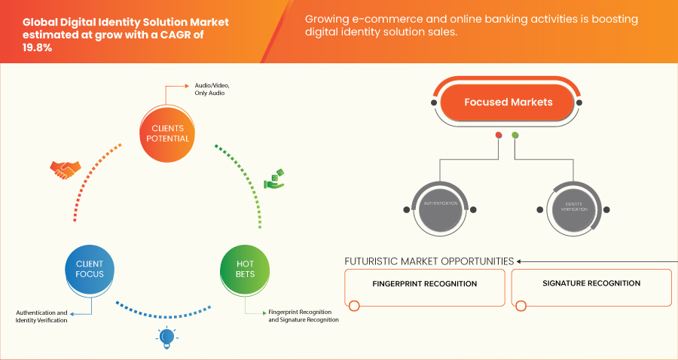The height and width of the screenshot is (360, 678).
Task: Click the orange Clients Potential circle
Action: (x=166, y=133)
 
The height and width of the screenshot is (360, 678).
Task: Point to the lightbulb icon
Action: (x=166, y=338)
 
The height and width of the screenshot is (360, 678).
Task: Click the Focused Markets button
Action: (x=508, y=102)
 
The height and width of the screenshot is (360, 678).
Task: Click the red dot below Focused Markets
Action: (x=498, y=136)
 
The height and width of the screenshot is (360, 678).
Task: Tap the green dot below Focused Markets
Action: (x=515, y=136)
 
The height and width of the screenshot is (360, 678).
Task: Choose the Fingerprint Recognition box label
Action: (x=425, y=285)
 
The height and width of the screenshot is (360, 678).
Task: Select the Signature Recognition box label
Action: (x=591, y=284)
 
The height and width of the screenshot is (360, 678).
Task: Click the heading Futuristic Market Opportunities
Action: (x=429, y=261)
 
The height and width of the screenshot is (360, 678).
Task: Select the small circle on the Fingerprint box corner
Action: (x=355, y=306)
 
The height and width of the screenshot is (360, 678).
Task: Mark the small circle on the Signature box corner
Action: (x=521, y=306)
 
